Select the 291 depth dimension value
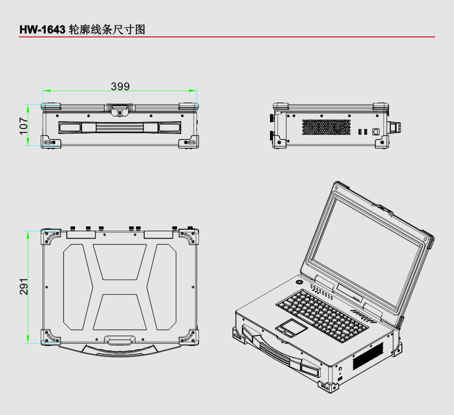tap(24, 286)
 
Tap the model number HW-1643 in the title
tap(42, 30)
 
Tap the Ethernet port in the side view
tap(376, 131)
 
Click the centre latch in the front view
tap(120, 110)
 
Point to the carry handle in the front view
tap(120, 128)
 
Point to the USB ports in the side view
tap(362, 132)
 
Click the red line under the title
tap(227, 37)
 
